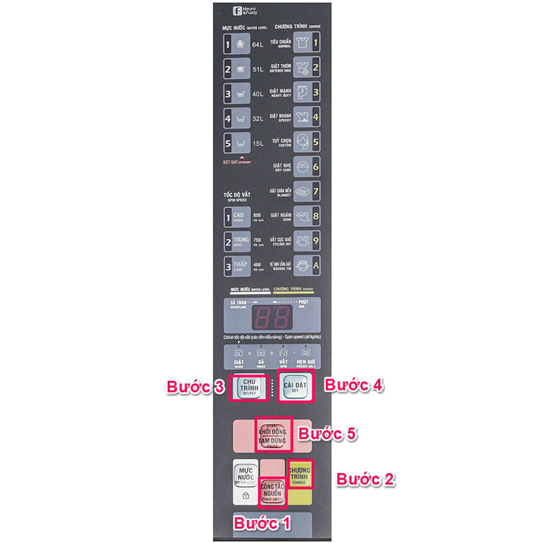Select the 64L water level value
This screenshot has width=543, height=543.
pos(257,45)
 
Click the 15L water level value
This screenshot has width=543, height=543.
pos(257,144)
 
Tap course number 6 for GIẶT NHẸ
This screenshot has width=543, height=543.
pos(315,166)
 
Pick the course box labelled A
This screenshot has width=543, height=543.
pos(315,265)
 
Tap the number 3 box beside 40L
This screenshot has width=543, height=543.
pos(227,94)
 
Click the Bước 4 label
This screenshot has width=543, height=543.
pos(354,384)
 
